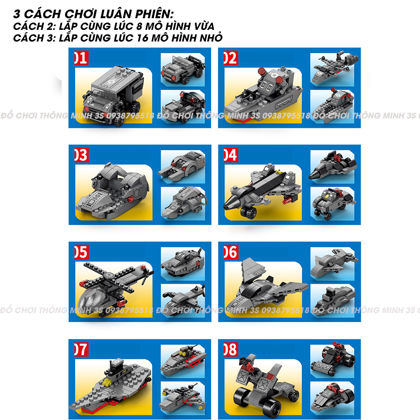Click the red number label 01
pos(81,57)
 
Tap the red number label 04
pos(231,155)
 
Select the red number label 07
pos(81,349)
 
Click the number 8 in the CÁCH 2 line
pos(139,26)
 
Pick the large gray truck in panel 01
pos(112,95)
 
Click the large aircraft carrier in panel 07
pos(110,386)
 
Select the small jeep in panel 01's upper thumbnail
pos(182,70)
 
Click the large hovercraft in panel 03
pos(112,191)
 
